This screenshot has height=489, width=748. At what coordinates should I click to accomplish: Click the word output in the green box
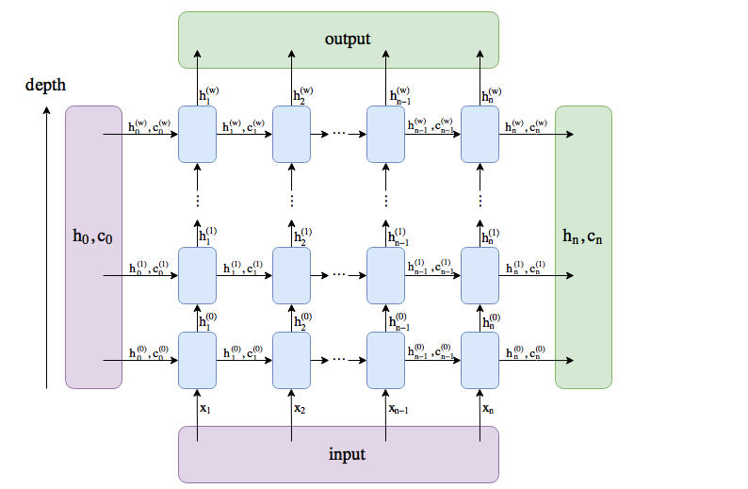348,39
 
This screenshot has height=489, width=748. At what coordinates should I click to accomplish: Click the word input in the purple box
347,454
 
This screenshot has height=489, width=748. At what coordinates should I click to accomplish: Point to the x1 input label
205,408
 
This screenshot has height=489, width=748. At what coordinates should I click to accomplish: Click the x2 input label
300,408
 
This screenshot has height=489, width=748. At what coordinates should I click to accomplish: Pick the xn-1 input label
399,408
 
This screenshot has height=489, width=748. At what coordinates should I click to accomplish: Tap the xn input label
488,408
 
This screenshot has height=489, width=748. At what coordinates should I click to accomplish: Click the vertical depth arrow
46,245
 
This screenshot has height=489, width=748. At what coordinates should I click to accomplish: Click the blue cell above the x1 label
197,360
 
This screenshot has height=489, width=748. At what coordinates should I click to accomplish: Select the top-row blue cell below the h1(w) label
197,134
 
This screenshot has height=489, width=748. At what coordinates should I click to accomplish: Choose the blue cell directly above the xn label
480,360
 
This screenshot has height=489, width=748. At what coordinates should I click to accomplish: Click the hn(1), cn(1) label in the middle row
525,268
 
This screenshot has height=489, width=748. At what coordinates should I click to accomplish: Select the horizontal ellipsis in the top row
339,134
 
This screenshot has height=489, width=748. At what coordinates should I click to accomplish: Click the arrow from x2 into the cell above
292,407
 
